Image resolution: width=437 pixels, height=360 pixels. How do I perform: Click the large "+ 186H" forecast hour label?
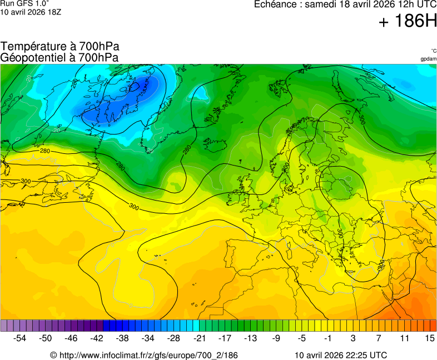408,22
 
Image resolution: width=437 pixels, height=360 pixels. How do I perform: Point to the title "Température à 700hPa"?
60,47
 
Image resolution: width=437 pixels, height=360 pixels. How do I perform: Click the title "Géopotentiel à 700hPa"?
59,57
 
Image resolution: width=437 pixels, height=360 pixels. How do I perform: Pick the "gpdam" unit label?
428,58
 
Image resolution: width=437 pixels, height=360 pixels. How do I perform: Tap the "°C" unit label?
433,51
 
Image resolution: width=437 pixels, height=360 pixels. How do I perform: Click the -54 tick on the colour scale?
20,338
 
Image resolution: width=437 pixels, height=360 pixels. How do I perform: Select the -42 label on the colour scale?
97,338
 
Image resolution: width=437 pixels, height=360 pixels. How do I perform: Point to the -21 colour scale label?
198,338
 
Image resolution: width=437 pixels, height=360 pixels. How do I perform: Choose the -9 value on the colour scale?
276,338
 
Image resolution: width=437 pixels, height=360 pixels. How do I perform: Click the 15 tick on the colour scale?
429,338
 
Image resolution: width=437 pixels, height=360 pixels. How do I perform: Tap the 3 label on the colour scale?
352,338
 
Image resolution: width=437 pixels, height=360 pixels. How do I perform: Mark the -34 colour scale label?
148,338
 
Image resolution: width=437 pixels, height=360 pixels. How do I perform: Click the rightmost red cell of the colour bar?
433,326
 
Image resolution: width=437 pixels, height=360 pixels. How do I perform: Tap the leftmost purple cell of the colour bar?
4,326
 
